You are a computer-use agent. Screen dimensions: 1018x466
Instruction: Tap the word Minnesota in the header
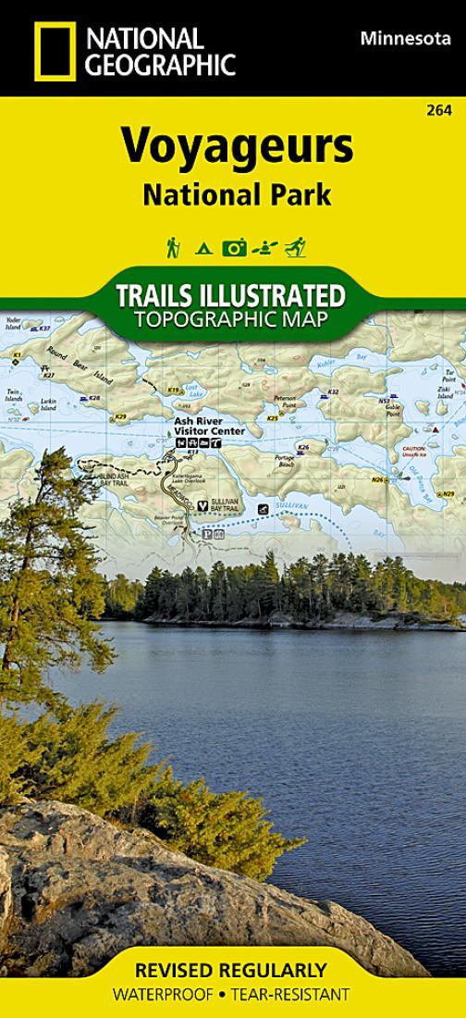(399, 37)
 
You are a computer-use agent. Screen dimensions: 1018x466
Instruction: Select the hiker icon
(172, 247)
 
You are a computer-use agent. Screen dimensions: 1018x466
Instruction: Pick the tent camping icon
(203, 248)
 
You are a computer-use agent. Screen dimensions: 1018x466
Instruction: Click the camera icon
(234, 247)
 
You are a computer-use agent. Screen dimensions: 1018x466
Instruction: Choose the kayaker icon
(265, 248)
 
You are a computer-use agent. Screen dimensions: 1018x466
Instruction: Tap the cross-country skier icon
(295, 247)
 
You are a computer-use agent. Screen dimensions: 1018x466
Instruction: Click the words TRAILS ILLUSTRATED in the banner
(231, 296)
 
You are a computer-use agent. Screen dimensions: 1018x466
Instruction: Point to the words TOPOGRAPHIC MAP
(231, 320)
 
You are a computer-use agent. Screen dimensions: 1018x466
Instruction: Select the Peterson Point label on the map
(284, 402)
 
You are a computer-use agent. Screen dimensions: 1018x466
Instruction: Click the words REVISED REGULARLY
(231, 971)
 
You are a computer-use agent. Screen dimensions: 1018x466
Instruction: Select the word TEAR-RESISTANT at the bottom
(298, 995)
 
